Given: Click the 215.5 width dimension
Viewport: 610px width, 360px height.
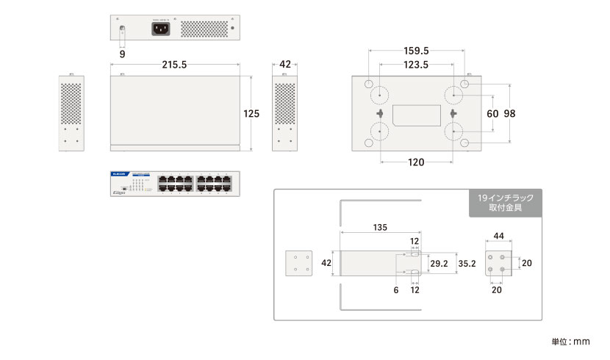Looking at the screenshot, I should click(174, 65).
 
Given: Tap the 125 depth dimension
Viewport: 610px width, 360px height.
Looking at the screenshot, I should click(252, 114).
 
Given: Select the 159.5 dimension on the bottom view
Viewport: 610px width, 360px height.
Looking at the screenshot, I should click(417, 51).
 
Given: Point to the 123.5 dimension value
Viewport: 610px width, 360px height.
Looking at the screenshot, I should click(417, 65).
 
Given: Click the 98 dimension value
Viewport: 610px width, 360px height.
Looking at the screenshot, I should click(509, 114).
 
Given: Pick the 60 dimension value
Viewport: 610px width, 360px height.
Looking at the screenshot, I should click(492, 114).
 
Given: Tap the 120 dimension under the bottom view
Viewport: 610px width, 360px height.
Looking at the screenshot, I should click(416, 162).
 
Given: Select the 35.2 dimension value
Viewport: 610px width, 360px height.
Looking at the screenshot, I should click(467, 262).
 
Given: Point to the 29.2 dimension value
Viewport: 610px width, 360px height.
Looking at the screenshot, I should click(439, 262).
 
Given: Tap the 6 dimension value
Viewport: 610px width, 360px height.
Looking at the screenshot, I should click(395, 290).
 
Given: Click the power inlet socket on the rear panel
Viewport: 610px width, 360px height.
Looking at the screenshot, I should click(162, 29).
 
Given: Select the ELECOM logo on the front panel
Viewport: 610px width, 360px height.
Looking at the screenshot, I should click(120, 176).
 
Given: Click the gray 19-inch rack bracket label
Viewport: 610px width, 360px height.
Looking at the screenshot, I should click(505, 203).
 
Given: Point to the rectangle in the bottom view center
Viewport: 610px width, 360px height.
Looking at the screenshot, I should click(417, 115).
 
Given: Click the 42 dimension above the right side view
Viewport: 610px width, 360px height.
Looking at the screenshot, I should click(285, 65).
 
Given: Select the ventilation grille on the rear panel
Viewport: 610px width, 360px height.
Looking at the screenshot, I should click(203, 29).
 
